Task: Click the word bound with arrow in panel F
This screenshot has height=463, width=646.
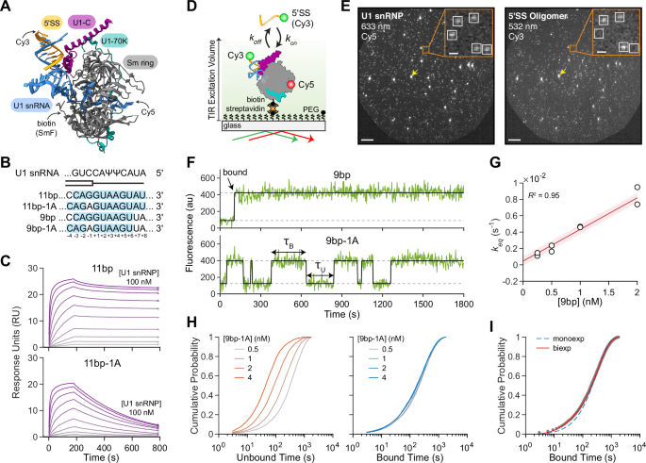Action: point(220,175)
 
